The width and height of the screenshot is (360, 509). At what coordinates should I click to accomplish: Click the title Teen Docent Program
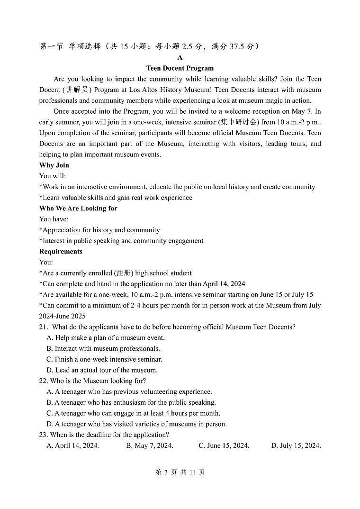pyautogui.click(x=180, y=68)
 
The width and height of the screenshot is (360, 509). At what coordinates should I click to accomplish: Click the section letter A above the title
pyautogui.click(x=180, y=57)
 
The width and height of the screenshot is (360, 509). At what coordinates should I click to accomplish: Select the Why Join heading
pyautogui.click(x=54, y=165)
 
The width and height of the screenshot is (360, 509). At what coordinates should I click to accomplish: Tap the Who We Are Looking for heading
pyautogui.click(x=78, y=209)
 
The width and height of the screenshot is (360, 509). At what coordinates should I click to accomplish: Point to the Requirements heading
pyautogui.click(x=61, y=252)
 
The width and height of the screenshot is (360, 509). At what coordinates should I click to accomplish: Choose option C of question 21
pyautogui.click(x=104, y=359)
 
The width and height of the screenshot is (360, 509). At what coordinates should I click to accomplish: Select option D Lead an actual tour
pyautogui.click(x=102, y=370)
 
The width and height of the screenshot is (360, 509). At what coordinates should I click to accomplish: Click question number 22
pyautogui.click(x=44, y=381)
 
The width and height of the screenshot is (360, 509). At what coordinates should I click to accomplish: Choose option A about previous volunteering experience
pyautogui.click(x=129, y=392)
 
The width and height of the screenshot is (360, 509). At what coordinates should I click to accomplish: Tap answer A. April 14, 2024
pyautogui.click(x=73, y=445)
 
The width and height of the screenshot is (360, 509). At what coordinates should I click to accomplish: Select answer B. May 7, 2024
pyautogui.click(x=150, y=445)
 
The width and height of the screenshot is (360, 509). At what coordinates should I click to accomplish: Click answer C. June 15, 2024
pyautogui.click(x=224, y=445)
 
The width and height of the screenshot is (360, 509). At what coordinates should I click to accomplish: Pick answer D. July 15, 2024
pyautogui.click(x=296, y=445)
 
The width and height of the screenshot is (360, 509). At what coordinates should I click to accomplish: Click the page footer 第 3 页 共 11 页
pyautogui.click(x=180, y=473)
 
